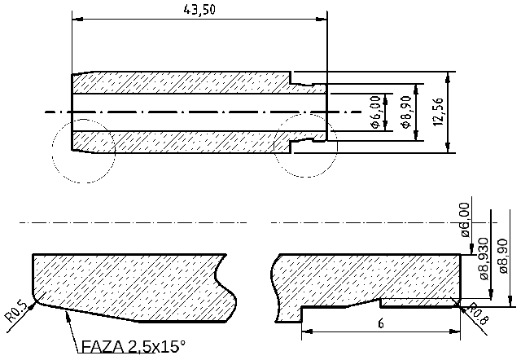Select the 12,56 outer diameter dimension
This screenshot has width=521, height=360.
click(439, 112)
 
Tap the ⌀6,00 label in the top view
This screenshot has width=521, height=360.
click(374, 112)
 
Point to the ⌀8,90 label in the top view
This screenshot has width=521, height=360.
click(407, 112)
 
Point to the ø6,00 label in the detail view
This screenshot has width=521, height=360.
click(465, 218)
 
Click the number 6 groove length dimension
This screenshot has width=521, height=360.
click(380, 323)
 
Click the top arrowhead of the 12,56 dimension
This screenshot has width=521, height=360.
click(449, 75)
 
